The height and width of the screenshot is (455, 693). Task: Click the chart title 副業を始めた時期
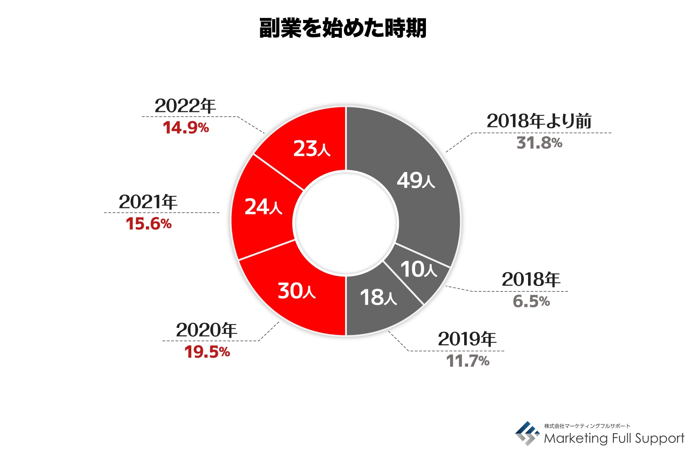coord(343,28)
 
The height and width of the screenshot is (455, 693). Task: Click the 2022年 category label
coord(185,106)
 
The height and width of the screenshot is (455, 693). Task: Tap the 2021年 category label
coord(148,202)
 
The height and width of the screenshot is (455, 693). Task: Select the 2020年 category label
coord(206,330)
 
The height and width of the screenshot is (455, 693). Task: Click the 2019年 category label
coord(467,339)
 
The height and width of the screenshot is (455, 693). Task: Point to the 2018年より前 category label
coord(539,121)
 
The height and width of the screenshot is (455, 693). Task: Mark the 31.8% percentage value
coord(539,143)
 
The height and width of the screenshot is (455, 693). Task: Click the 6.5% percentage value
coord(531,301)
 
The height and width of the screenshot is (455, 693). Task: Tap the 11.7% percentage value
coord(468,361)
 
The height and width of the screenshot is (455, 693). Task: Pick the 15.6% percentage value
coord(148,224)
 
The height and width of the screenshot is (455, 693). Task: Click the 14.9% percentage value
coord(186,128)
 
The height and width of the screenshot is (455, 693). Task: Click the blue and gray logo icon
coord(527,433)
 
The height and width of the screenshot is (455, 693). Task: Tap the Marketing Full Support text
coord(614,438)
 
